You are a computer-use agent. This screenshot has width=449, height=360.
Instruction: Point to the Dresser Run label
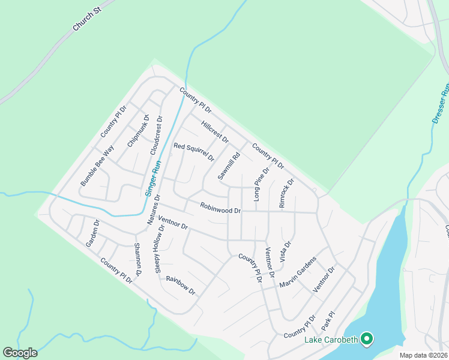[x=441, y=103]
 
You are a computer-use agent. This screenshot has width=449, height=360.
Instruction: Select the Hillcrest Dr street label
[x=215, y=131]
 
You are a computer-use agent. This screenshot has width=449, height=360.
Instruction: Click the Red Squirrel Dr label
[x=194, y=152]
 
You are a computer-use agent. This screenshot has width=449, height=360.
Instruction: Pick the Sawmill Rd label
[x=229, y=166]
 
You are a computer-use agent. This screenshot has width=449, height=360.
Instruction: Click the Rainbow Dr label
[x=181, y=285]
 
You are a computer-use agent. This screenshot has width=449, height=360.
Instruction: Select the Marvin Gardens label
[x=298, y=271]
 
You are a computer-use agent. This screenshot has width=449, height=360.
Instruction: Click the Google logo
[x=20, y=353]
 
